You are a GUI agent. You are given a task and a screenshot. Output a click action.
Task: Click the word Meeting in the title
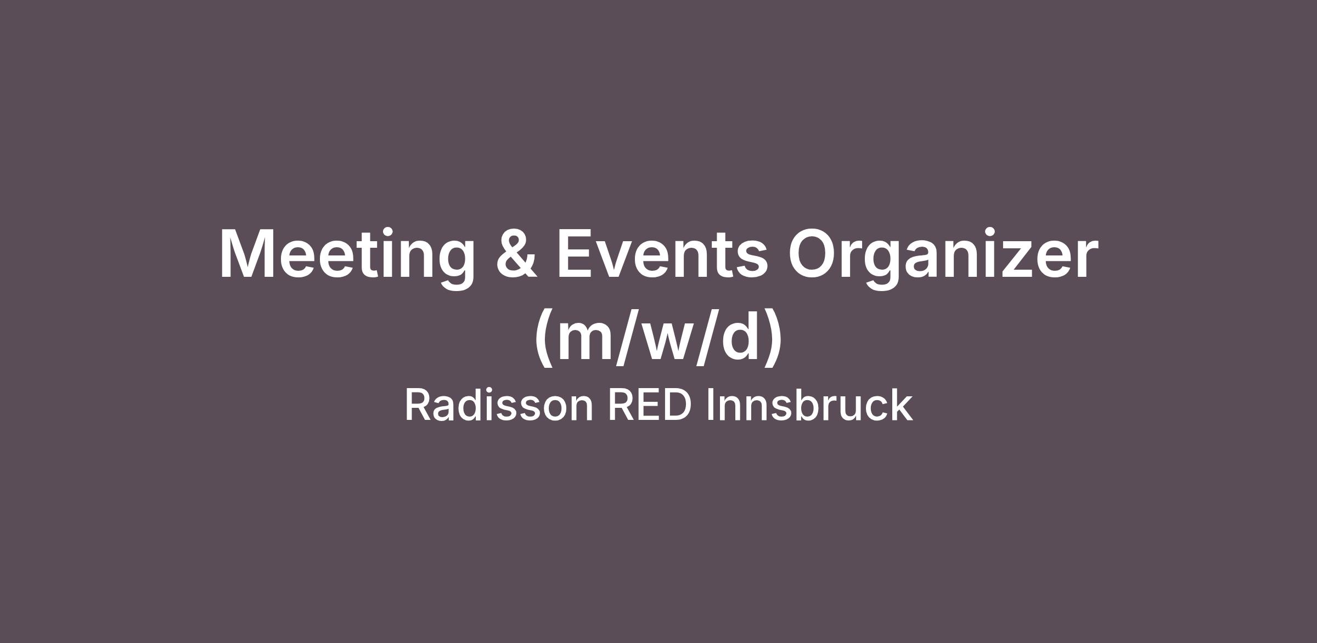pos(347,257)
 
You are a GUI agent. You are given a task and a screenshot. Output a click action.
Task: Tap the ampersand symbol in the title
pos(516,253)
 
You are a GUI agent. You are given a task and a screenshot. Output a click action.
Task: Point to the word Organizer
pos(943,257)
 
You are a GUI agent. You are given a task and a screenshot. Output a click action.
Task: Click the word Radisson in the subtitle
pos(499,405)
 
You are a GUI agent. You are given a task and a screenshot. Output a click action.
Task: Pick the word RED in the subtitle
pos(650,405)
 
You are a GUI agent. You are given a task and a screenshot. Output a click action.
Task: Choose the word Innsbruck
pos(809,405)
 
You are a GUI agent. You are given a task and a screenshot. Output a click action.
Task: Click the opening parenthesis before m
pos(544,337)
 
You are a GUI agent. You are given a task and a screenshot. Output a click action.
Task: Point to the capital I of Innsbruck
pos(711,405)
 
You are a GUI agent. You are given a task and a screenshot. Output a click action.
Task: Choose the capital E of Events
pos(574,253)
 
